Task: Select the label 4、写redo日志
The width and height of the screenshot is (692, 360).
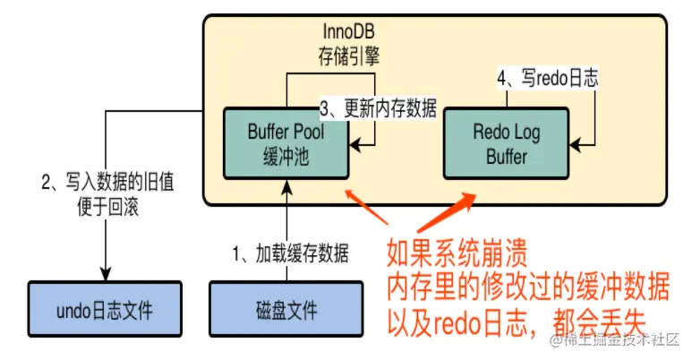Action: [x=547, y=79]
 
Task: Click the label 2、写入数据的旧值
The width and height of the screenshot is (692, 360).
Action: [x=107, y=185]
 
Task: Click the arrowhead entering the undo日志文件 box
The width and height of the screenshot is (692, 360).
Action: [x=107, y=273]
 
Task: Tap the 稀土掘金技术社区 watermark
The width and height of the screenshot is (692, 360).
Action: [x=618, y=340]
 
